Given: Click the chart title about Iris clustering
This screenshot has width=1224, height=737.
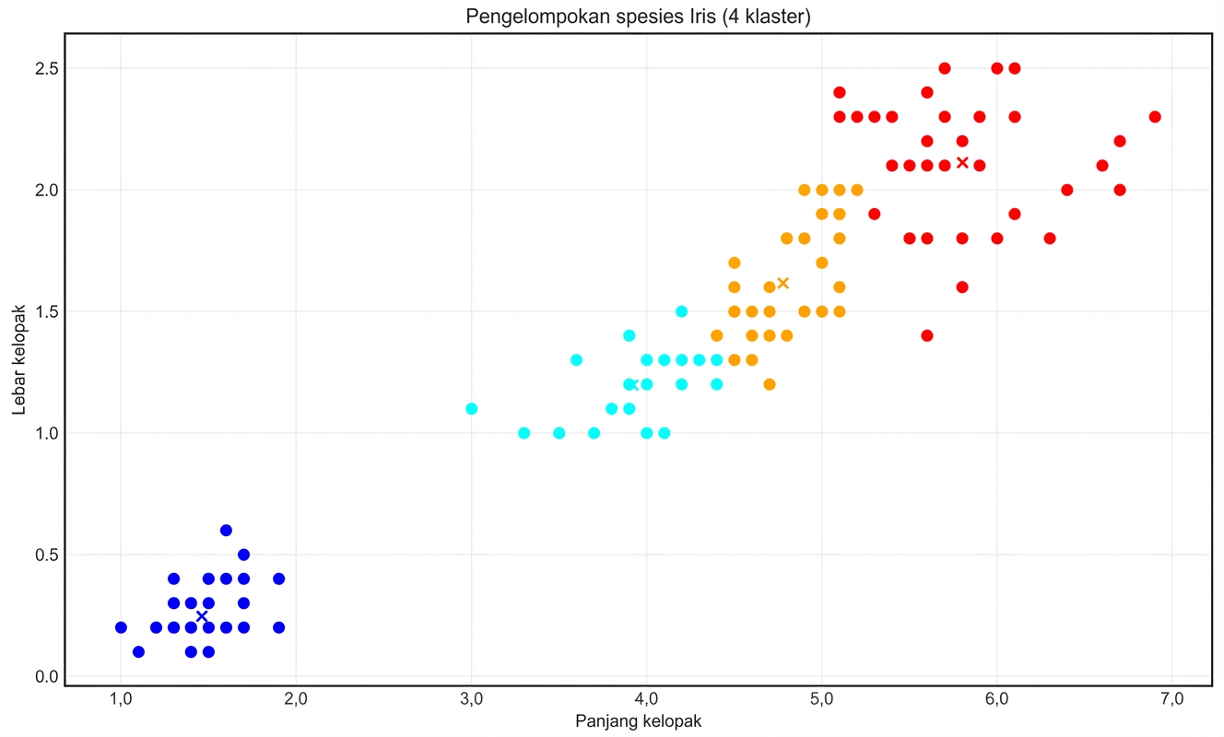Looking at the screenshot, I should (x=638, y=17).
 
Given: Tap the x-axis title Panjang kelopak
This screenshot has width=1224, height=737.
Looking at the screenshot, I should (x=638, y=721).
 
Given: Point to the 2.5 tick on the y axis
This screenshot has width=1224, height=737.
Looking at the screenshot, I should (x=46, y=68).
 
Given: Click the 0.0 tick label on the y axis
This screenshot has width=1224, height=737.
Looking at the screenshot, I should (x=46, y=676).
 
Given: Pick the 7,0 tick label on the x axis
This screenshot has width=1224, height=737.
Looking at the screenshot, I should (x=1172, y=700).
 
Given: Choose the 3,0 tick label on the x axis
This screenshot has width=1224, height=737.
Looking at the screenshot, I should (x=471, y=700).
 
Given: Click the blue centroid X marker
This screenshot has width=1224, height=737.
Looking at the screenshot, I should (x=202, y=616).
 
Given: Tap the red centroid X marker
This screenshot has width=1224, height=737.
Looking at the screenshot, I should (x=962, y=163).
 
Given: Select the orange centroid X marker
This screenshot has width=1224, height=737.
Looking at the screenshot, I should (x=783, y=283).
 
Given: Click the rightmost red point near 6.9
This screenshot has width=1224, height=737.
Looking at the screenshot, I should (x=1155, y=117).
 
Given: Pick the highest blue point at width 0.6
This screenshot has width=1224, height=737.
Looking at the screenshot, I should (x=226, y=531).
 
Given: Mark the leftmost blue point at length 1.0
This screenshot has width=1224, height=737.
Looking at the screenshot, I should (x=121, y=627).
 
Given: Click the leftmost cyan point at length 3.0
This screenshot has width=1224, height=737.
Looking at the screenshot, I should (x=471, y=409).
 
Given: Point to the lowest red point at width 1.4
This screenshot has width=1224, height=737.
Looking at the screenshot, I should (x=927, y=335).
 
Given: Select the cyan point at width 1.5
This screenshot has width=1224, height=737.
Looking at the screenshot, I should (x=681, y=311).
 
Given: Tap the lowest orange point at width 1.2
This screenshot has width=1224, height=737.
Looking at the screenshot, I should (x=770, y=384).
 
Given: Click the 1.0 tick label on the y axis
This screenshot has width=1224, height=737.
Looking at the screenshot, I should (x=46, y=433).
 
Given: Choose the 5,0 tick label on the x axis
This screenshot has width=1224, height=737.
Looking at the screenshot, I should (x=822, y=700).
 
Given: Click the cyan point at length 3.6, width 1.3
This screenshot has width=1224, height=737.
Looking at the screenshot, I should (x=576, y=360).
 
